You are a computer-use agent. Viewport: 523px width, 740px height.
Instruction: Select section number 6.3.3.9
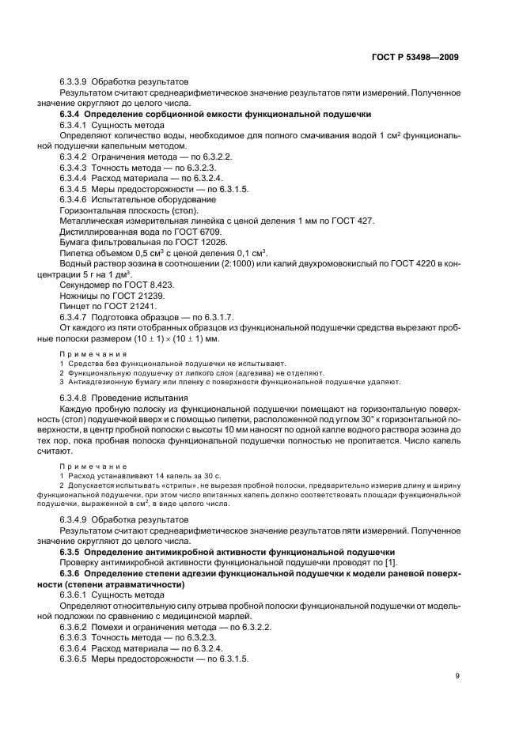tap(74, 81)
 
